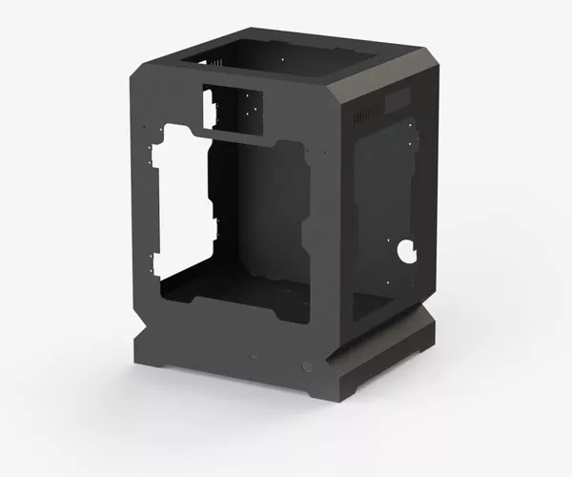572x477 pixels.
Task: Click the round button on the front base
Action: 307,366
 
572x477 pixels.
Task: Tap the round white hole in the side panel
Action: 407,252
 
